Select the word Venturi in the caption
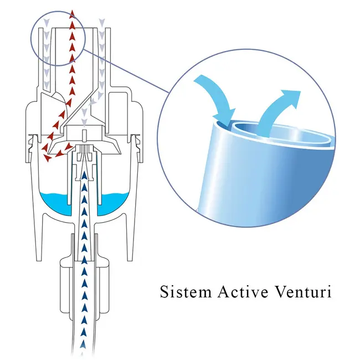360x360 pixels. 304,292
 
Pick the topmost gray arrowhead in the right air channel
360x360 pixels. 102,23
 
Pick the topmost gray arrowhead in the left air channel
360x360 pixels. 45,23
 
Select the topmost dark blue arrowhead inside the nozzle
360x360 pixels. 84,177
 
